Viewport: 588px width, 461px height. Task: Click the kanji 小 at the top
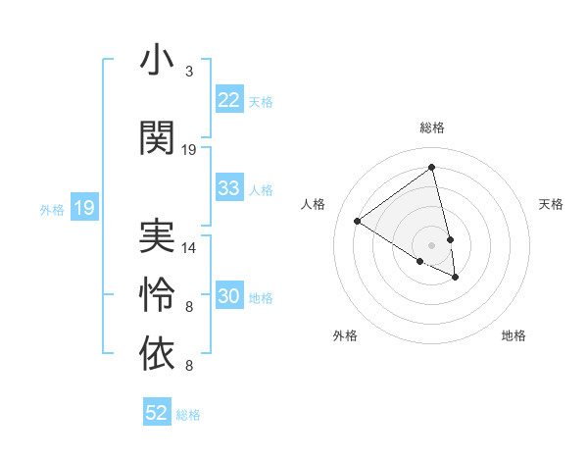(157, 61)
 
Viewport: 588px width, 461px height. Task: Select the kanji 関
(157, 137)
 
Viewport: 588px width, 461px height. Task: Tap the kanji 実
(157, 235)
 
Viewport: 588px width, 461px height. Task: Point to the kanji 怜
(157, 293)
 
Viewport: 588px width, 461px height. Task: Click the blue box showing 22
(229, 99)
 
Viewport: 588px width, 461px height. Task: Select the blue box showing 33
(229, 188)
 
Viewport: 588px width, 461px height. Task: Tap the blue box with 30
(229, 297)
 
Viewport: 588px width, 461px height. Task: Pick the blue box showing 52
(157, 413)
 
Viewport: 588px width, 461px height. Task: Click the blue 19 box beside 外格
(84, 208)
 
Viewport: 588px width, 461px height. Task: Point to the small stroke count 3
(189, 72)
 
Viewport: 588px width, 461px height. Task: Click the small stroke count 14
(189, 248)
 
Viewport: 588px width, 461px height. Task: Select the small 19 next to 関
(189, 150)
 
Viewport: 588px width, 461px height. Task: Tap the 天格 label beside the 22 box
(261, 101)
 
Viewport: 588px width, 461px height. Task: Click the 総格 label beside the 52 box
(188, 415)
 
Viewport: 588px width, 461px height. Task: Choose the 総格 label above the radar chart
(432, 128)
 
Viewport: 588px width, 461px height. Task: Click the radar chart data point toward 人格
(358, 222)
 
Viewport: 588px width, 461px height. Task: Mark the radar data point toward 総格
(431, 168)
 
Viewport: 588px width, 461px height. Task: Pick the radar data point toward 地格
(456, 278)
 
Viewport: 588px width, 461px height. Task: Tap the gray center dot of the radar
(431, 243)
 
